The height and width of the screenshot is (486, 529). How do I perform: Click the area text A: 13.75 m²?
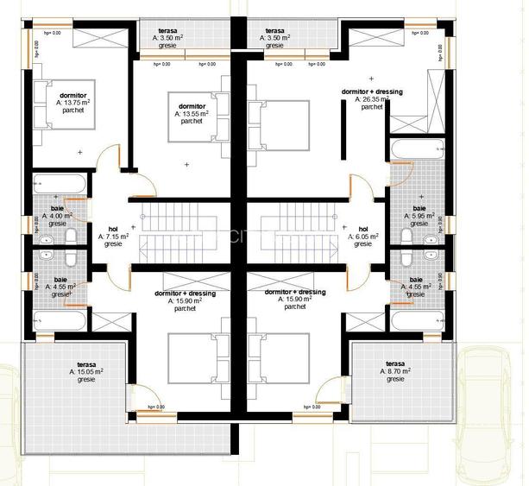pos(73,102)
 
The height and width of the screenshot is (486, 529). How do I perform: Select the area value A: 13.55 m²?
pos(192,113)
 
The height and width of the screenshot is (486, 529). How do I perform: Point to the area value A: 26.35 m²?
pos(372,99)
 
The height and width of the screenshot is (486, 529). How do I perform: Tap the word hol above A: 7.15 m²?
pos(113,229)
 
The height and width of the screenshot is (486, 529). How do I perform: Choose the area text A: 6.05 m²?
pos(363,237)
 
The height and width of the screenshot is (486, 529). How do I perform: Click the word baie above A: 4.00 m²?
pos(58,208)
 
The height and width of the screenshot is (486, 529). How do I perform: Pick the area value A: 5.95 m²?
pos(419,216)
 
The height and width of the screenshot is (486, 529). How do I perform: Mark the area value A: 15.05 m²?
pos(86,372)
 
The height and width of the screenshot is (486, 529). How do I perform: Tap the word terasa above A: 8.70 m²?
pos(395,363)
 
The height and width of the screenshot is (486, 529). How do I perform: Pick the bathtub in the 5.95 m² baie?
pos(418,154)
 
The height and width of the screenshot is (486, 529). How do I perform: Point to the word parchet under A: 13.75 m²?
pos(74,110)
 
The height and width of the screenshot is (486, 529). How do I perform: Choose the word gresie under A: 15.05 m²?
pos(86,380)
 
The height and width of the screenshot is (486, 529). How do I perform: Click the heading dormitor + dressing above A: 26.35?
pos(373,91)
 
